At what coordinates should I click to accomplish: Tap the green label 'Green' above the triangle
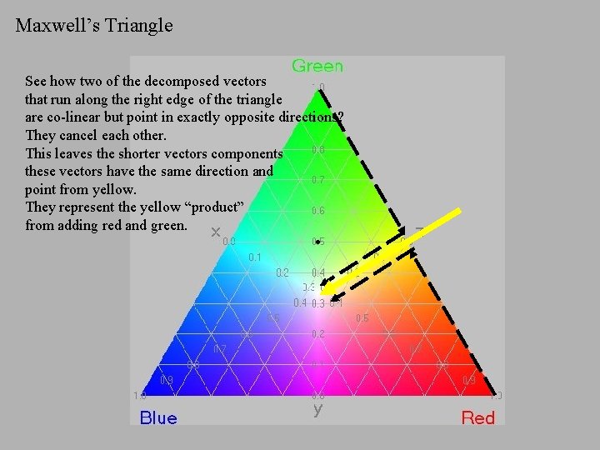tap(317, 66)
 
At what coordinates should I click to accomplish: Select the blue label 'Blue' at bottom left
tap(158, 417)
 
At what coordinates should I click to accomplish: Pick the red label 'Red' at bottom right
tap(478, 417)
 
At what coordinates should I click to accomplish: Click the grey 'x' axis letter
tap(216, 231)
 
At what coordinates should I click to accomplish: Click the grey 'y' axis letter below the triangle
tap(317, 409)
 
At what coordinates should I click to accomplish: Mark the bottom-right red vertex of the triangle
tap(497, 394)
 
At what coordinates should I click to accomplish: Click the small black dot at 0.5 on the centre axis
tap(317, 242)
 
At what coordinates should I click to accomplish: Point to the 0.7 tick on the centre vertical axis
tap(317, 180)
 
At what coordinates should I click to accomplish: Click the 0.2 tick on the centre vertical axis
tap(317, 333)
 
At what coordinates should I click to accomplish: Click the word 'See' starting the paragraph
tap(36, 82)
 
